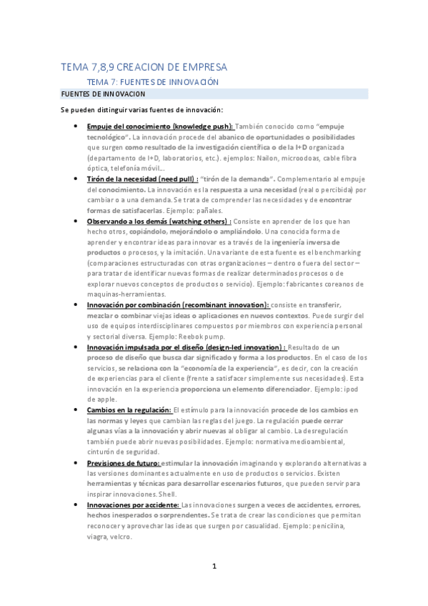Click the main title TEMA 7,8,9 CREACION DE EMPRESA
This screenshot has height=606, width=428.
[144, 67]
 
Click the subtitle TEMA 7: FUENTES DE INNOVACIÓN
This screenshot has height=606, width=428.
[158, 82]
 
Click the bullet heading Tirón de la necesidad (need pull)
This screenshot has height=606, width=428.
[137, 177]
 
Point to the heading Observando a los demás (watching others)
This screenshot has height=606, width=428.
[159, 222]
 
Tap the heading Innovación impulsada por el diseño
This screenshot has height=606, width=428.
[186, 347]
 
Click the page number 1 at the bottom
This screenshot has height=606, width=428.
[214, 567]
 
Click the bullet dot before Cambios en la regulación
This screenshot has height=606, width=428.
[76, 409]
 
